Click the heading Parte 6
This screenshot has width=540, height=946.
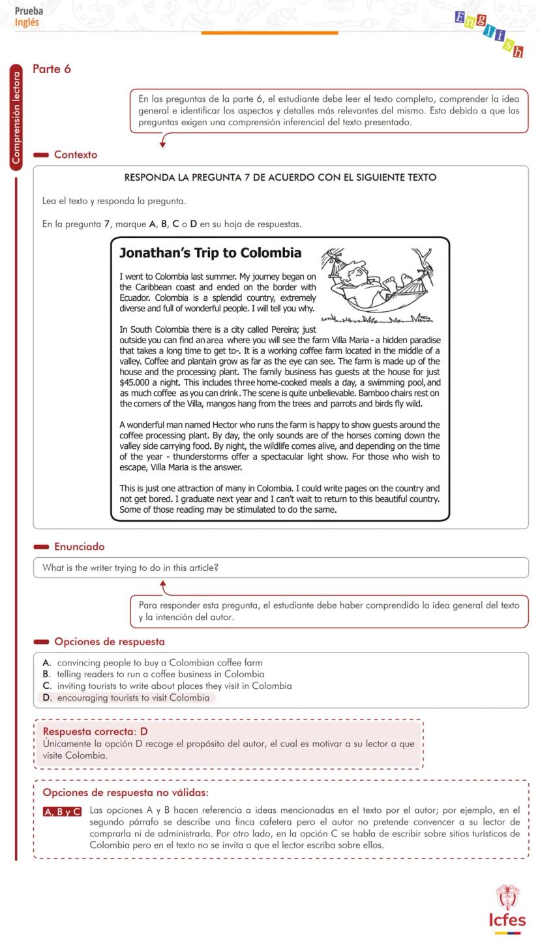point(52,69)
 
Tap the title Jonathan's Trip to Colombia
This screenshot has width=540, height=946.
point(210,253)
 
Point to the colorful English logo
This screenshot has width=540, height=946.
point(489,33)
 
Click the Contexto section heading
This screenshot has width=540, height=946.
point(75,155)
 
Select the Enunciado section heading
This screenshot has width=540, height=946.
point(79,547)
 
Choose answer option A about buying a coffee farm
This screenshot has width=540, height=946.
point(159,663)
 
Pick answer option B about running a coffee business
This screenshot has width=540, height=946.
point(160,675)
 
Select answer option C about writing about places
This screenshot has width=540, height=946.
point(173,686)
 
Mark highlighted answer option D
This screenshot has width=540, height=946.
point(133,698)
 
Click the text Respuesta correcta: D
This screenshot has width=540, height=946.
point(95,731)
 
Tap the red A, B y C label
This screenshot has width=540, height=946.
point(63,812)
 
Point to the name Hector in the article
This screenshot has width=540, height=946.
point(225,425)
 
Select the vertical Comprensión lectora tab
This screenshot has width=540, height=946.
point(16,117)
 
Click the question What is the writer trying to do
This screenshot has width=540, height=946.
point(130,568)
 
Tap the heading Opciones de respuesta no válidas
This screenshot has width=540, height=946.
point(125,793)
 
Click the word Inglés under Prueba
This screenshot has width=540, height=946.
point(27,22)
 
